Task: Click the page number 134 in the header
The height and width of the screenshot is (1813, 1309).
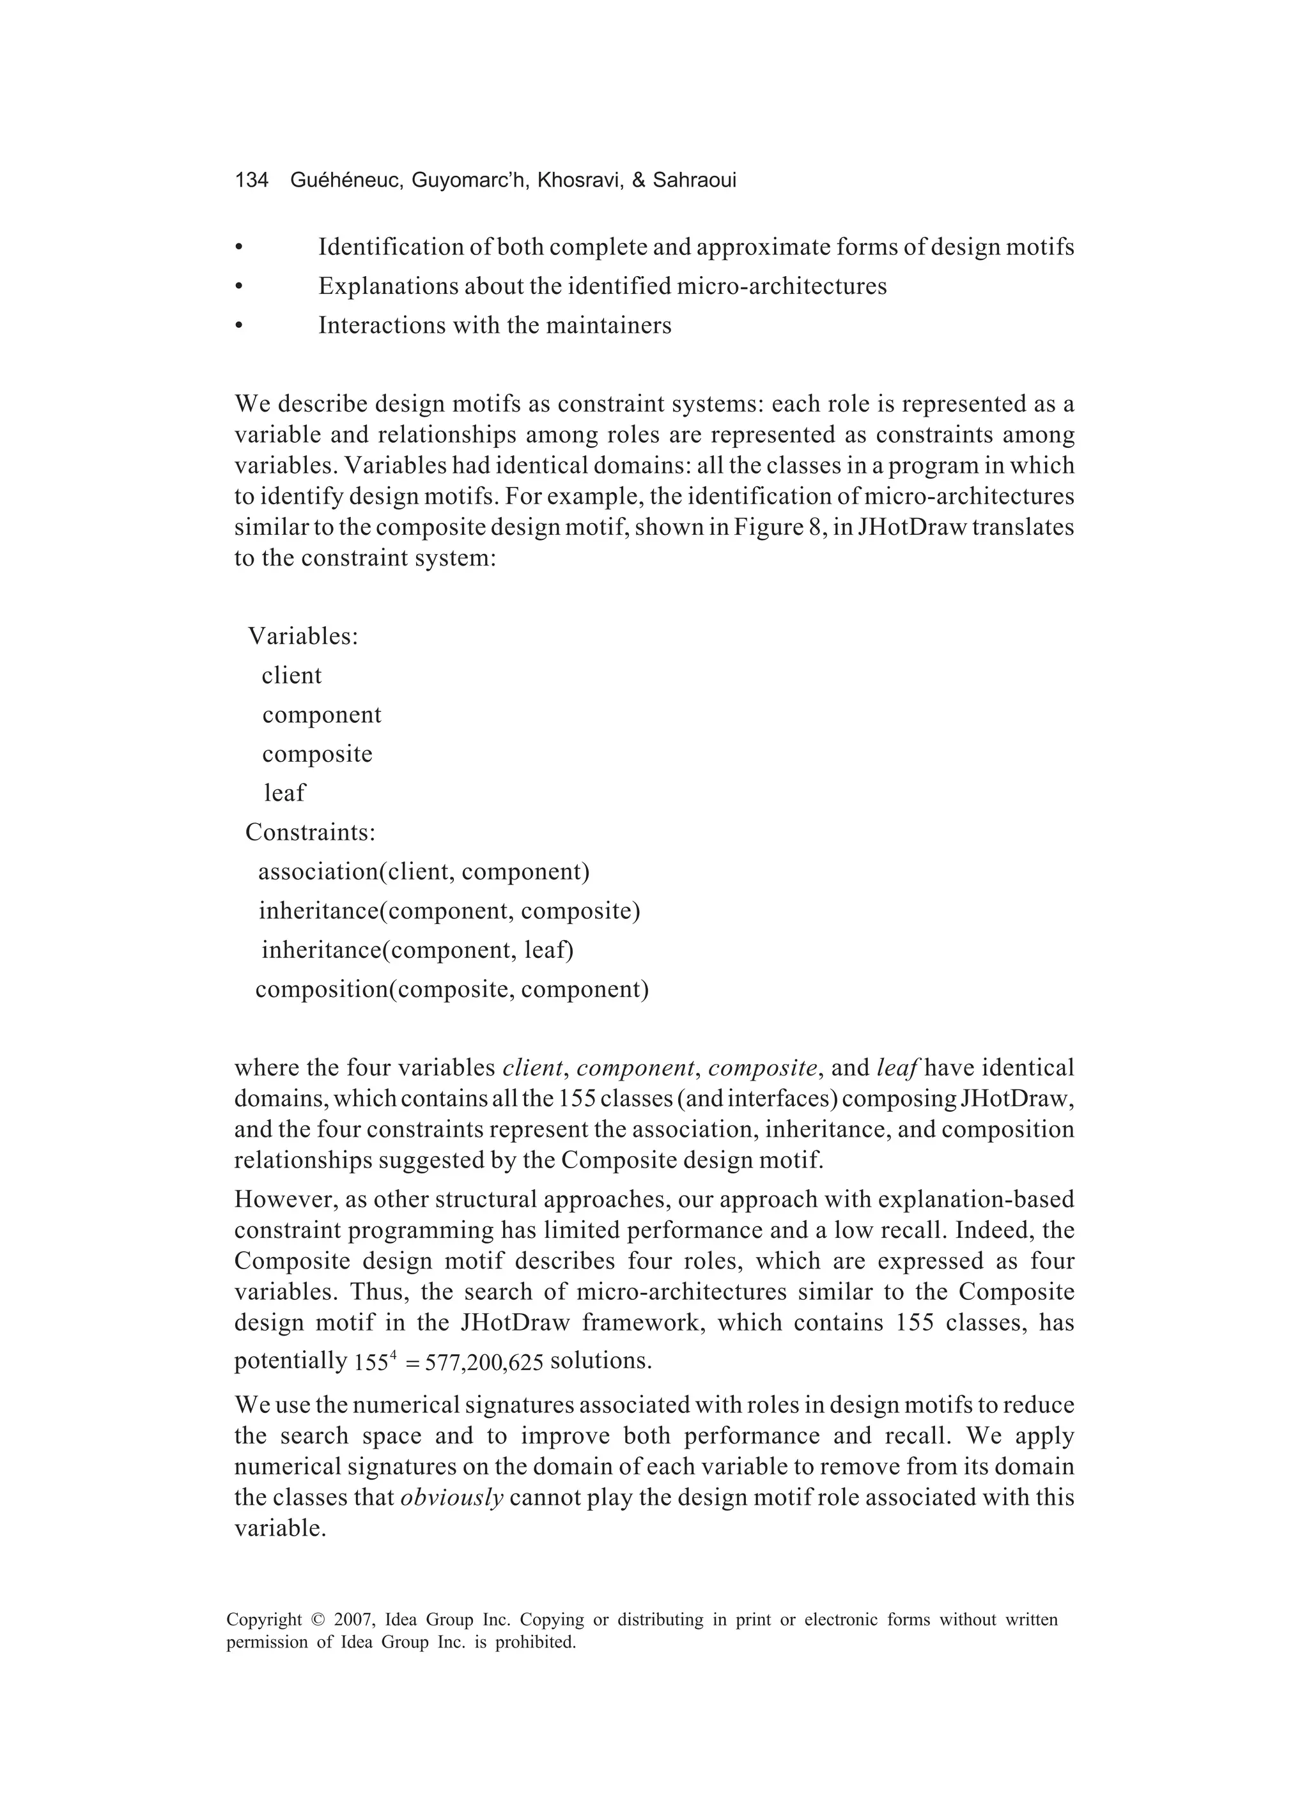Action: coord(251,181)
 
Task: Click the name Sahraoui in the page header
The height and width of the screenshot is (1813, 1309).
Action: coord(694,181)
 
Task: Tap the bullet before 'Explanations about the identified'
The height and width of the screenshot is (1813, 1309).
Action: coord(238,286)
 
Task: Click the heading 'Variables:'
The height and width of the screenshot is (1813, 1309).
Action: coord(303,636)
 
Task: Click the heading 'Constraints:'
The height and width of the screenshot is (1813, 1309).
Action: coord(310,832)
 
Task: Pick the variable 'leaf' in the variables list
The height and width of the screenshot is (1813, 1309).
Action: coord(284,793)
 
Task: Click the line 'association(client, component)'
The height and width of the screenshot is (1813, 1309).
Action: coord(424,871)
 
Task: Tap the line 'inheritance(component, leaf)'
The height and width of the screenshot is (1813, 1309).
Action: coord(417,950)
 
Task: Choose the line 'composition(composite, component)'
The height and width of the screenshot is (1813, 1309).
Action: coord(452,990)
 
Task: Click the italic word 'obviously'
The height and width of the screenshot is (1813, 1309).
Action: coord(452,1497)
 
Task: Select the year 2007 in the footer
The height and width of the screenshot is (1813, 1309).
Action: coord(353,1621)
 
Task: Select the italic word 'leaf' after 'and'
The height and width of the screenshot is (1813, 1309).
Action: coord(895,1069)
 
